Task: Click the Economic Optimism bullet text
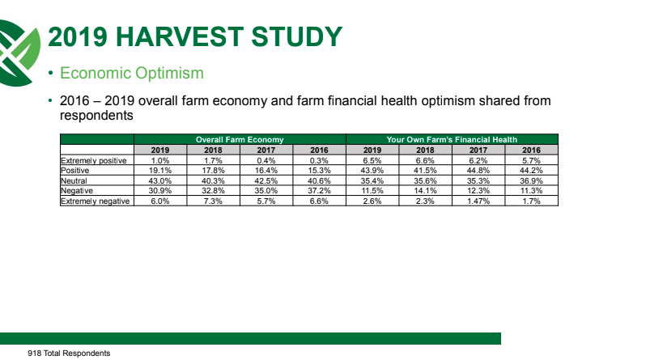tap(132, 73)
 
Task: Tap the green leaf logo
tap(19, 53)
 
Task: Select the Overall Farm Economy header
tap(240, 140)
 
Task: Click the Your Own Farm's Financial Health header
tap(452, 140)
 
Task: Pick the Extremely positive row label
tap(94, 161)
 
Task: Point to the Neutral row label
tap(74, 181)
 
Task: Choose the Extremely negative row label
tap(96, 201)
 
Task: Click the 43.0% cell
tap(159, 181)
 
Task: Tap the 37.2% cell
tap(319, 191)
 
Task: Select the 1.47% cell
tap(478, 201)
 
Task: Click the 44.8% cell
tap(478, 171)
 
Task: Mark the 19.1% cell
tap(159, 171)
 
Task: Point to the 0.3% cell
tap(319, 161)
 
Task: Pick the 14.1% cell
tap(425, 191)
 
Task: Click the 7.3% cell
tap(213, 201)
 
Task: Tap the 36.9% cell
tap(532, 181)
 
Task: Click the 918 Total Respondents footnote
tap(69, 354)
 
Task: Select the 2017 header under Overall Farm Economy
tap(266, 150)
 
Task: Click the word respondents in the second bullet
tap(96, 116)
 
